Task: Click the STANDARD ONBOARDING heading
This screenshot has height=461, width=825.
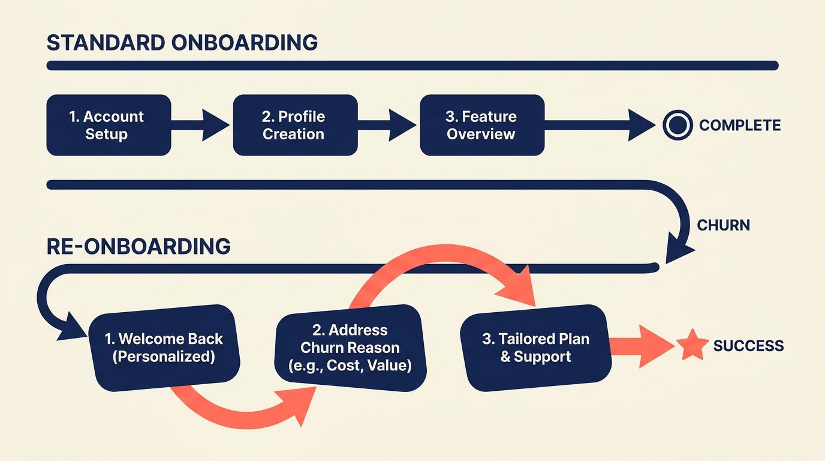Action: pyautogui.click(x=182, y=43)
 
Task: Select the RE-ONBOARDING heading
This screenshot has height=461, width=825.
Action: pyautogui.click(x=138, y=247)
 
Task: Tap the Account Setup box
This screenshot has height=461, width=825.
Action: pyautogui.click(x=109, y=125)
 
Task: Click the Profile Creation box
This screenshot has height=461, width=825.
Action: pyautogui.click(x=295, y=125)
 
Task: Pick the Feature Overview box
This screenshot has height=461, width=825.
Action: pyautogui.click(x=482, y=125)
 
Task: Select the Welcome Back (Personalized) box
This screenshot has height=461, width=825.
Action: pyautogui.click(x=164, y=347)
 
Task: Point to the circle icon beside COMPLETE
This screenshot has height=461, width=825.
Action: pyautogui.click(x=678, y=125)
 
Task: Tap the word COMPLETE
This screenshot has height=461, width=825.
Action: pyautogui.click(x=739, y=125)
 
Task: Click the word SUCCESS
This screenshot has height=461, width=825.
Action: pyautogui.click(x=748, y=346)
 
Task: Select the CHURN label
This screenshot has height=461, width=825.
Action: pyautogui.click(x=723, y=226)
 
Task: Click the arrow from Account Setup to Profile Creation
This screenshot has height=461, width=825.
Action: pyautogui.click(x=201, y=125)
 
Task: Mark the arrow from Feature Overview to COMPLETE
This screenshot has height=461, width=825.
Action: pyautogui.click(x=600, y=125)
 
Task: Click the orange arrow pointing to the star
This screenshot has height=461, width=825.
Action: pyautogui.click(x=642, y=346)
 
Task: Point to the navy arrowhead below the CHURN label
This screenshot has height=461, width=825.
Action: pyautogui.click(x=678, y=252)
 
